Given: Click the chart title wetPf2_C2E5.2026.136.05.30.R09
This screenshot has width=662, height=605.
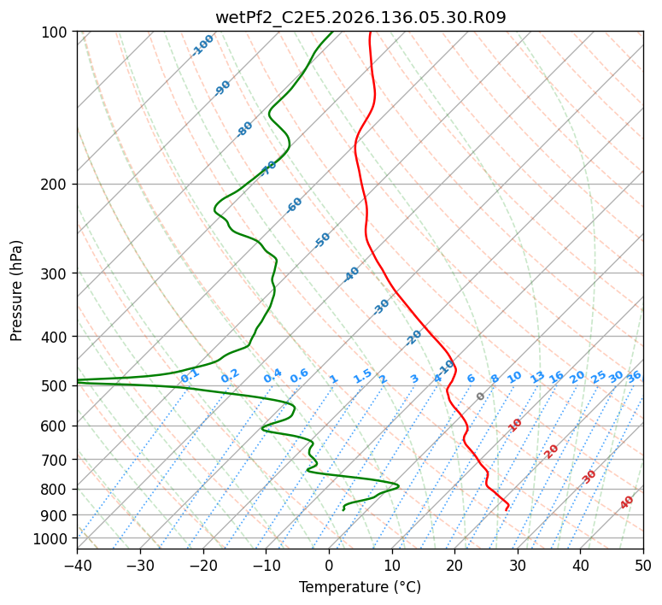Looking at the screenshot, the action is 360,17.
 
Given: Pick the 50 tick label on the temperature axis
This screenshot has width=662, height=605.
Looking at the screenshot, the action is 643,565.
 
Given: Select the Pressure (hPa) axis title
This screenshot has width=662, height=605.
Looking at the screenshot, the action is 16,291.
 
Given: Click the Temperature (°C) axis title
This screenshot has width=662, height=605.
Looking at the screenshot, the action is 360,587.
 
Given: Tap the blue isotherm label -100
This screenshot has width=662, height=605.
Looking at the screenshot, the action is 203,45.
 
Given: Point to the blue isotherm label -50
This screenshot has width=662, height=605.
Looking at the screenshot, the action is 322,240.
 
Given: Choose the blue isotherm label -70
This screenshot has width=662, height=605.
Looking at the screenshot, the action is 268,168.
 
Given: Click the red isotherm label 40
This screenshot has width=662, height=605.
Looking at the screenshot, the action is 626,502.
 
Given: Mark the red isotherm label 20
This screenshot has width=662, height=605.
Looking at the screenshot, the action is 551,452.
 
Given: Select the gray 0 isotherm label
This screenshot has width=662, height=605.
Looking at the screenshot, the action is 480,396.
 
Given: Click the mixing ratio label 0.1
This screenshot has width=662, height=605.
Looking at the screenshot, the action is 190,375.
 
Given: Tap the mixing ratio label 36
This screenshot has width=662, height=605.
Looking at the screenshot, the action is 634,377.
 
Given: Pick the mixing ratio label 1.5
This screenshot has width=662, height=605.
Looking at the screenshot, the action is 363,376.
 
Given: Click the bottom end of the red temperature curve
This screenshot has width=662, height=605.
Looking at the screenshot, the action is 506,510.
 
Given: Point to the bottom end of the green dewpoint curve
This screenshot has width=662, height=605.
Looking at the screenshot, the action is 343,510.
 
